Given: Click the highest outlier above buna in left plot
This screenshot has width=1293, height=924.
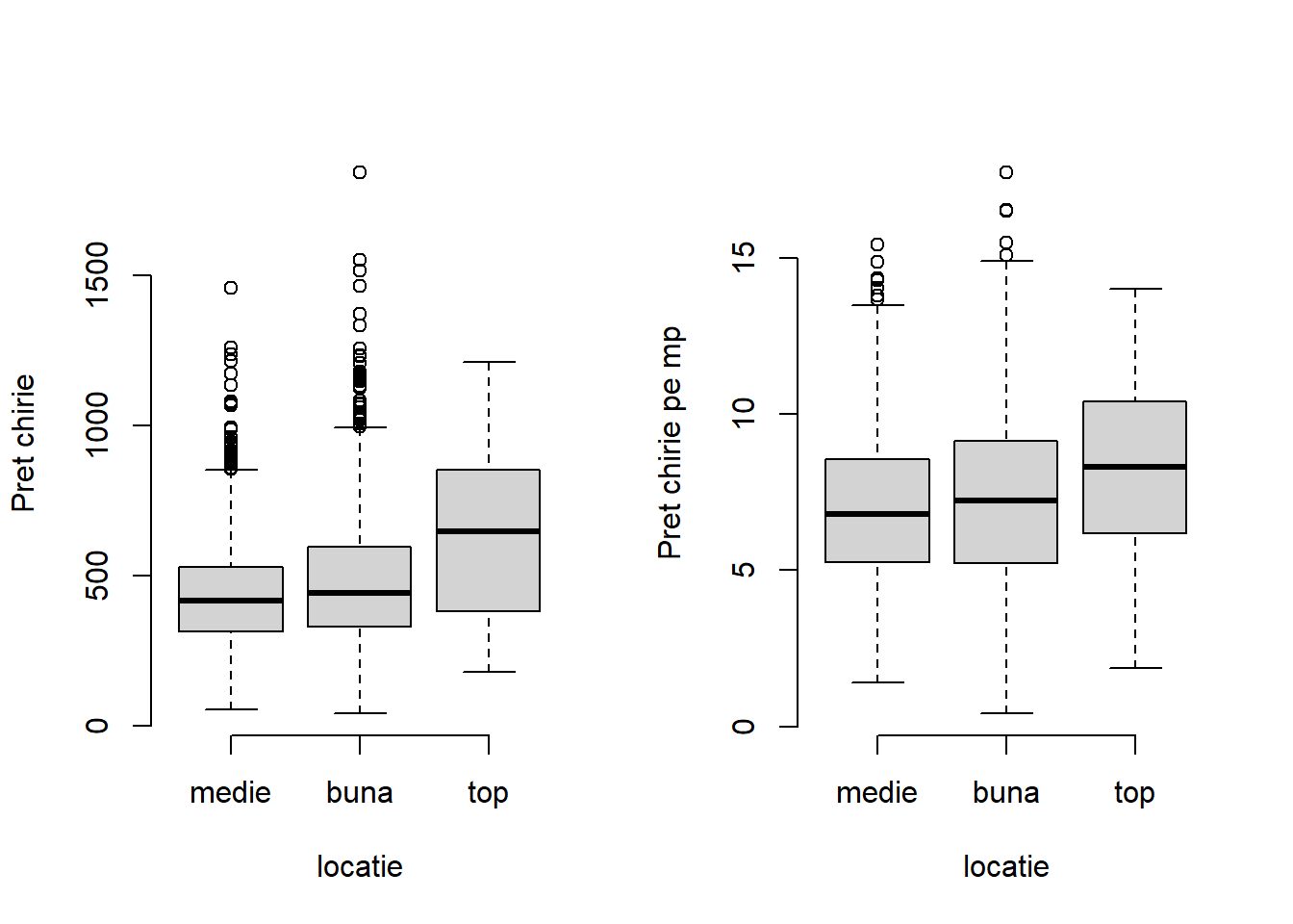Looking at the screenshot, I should point(360,172).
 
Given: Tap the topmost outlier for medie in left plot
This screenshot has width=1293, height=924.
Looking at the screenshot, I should point(231,288).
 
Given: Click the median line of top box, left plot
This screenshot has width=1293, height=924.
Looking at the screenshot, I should point(488,530).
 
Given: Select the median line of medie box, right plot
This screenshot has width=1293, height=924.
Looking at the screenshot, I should point(877,514).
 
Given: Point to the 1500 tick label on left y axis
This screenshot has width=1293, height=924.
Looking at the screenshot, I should point(97,274).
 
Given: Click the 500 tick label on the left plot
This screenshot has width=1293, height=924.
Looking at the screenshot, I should point(97,576).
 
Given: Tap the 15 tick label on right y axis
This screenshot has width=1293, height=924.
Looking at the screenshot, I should point(744,257).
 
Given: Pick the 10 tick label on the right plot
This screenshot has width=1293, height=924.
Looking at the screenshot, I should point(744,413).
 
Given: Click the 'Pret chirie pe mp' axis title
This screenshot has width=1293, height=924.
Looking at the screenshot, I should point(670,443).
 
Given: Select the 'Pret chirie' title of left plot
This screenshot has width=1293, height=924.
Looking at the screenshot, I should point(23,443).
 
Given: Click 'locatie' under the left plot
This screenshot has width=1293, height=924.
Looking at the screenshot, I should point(360,866).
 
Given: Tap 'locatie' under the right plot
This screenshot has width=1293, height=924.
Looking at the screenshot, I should point(1006,866).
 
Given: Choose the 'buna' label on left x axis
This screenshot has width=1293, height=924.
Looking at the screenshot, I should point(360,793).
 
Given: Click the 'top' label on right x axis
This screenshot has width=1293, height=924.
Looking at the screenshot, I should point(1134,793).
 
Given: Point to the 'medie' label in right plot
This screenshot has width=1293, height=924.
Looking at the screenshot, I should point(876,793).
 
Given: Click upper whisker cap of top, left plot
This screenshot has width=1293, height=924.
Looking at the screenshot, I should point(488,362).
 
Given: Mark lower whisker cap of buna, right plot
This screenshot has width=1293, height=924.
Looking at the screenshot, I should point(1006,713).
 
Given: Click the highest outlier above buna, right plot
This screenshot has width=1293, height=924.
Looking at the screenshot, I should point(1006,172).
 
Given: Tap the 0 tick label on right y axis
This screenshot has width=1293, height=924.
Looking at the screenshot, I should point(744,726).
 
